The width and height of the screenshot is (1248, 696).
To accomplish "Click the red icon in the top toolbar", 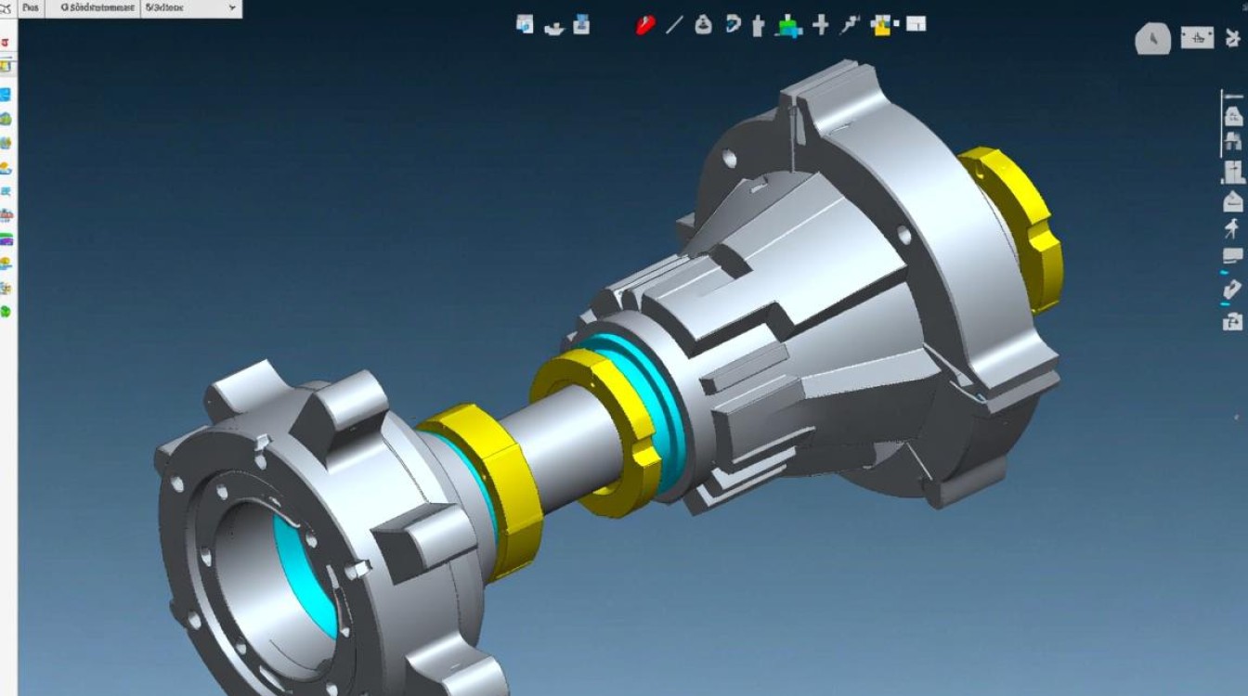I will [645, 25].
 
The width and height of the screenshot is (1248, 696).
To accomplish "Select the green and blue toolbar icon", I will [789, 26].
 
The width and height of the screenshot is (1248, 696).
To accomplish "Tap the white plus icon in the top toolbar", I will [820, 25].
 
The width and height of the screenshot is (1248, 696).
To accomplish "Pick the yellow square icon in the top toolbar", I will [881, 25].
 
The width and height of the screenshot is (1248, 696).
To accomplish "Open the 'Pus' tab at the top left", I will [31, 7].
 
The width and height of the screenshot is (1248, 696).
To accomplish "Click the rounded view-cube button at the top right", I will [1153, 39].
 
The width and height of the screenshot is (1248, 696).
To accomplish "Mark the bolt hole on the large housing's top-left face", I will [730, 160].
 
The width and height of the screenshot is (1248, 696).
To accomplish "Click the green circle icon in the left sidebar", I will [6, 312].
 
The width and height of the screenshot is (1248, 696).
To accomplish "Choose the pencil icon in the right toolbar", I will [1232, 290].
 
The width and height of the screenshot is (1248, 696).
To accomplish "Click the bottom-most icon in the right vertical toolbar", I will [1232, 322].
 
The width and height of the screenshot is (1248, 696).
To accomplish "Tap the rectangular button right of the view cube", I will [1197, 38].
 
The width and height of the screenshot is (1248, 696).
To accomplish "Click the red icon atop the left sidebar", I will [5, 44].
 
